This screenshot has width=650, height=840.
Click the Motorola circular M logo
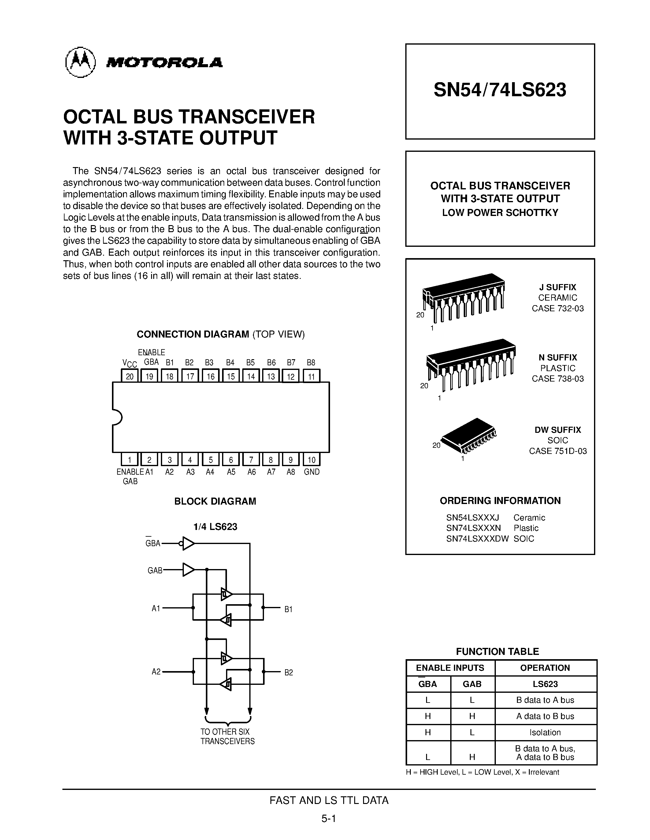tap(80, 62)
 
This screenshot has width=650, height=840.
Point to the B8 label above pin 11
tap(311, 362)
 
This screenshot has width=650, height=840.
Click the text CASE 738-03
tap(558, 379)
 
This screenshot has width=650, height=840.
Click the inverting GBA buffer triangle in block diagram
tap(188, 543)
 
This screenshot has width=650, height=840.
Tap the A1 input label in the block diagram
tap(156, 608)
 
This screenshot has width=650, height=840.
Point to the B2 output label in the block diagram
tap(288, 672)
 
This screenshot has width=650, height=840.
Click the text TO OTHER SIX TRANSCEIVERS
tap(227, 736)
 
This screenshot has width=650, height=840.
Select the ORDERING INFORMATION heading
tap(500, 501)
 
